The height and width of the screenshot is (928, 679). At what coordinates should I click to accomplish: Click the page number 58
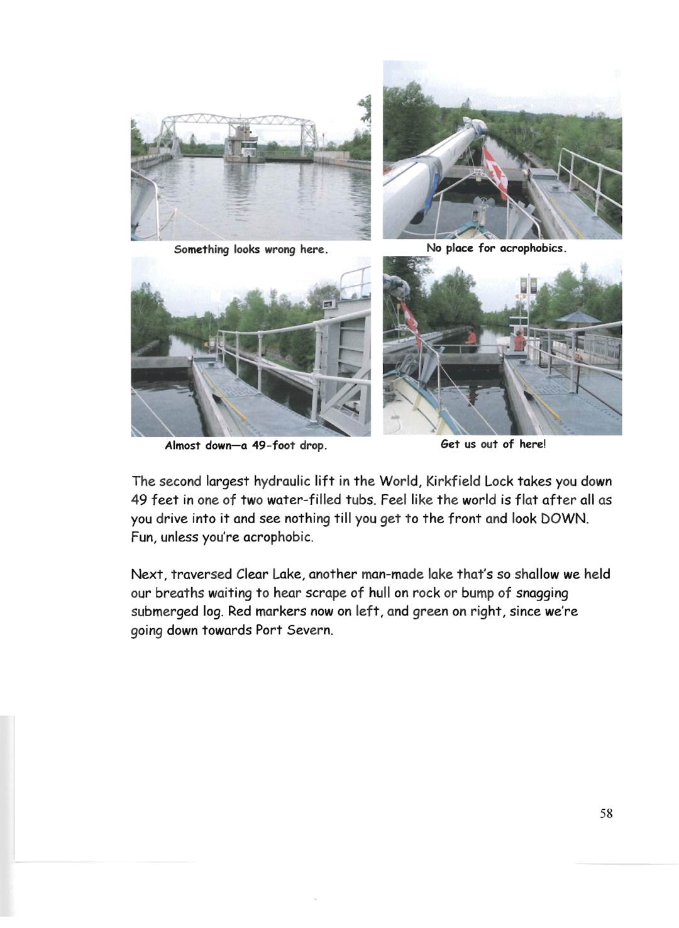[x=606, y=814]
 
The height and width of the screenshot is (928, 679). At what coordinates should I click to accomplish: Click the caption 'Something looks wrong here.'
[x=251, y=250]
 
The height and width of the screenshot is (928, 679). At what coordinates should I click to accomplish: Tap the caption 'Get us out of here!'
[x=494, y=445]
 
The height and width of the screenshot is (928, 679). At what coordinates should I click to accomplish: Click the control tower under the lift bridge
[x=242, y=143]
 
